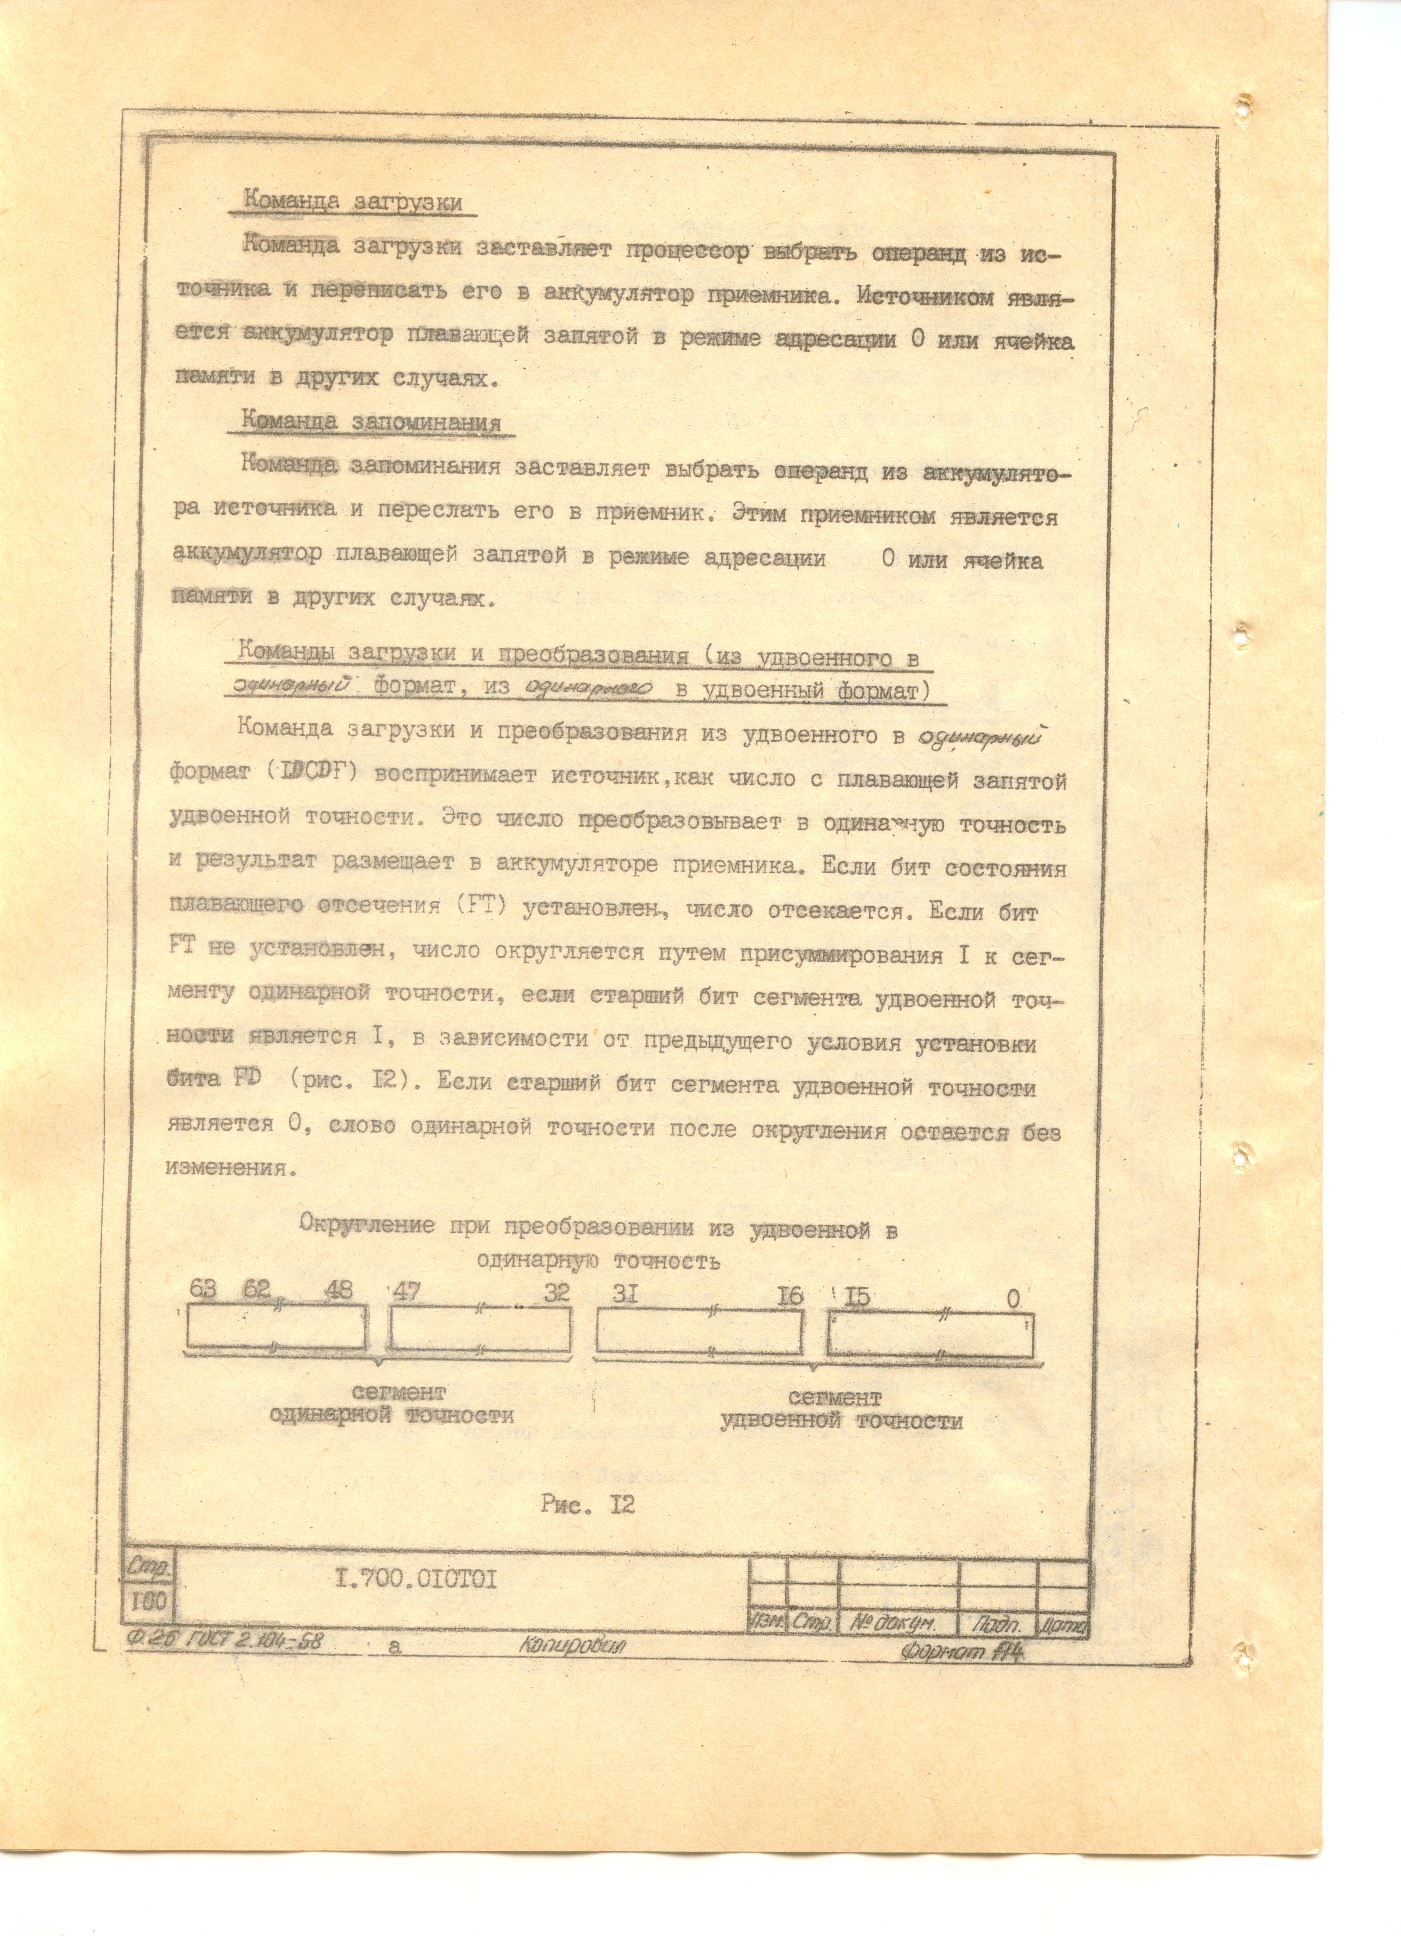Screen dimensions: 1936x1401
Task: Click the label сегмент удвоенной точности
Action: (x=841, y=1410)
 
